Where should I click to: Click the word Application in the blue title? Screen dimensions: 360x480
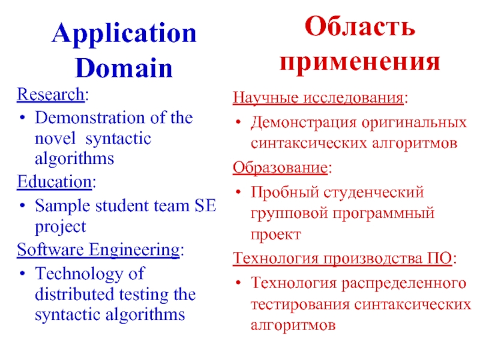point(124,34)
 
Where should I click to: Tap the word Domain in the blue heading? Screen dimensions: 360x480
point(124,68)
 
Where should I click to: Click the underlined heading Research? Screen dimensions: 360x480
point(50,95)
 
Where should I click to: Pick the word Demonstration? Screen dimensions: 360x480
point(91,118)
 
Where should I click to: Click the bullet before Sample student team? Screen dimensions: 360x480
point(22,206)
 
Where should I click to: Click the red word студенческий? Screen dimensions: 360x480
point(374,193)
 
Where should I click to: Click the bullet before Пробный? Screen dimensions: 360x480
point(238,193)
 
